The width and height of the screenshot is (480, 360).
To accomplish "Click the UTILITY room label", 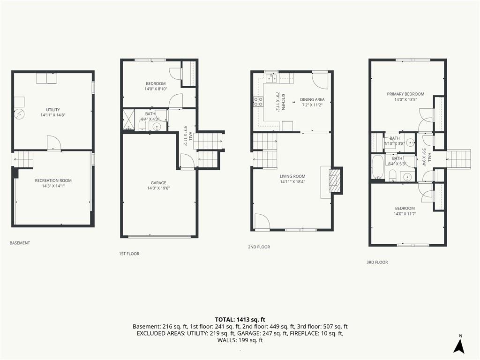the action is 53,110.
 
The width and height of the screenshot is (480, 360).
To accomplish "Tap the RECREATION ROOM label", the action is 53,180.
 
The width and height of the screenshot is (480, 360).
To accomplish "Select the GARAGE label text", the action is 158,183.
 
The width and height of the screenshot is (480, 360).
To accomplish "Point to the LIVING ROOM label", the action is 292,176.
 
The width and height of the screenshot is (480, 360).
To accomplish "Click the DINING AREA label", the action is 312,99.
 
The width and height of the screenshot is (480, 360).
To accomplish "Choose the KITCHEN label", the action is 284,102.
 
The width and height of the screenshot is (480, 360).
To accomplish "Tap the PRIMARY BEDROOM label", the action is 405,94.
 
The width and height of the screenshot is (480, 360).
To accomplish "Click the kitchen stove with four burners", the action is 258,102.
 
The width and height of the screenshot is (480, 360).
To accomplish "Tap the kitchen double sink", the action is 271,78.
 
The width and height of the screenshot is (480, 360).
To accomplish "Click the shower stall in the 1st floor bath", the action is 128,120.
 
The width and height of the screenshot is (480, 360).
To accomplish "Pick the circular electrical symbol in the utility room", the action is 19,114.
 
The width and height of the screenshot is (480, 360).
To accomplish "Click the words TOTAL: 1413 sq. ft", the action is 240,320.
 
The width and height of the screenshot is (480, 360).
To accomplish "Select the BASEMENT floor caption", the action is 20,243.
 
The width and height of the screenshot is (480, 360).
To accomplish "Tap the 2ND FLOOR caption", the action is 259,247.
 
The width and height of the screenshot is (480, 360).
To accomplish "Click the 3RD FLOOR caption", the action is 377,262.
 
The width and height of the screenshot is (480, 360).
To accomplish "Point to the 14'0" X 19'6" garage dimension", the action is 158,188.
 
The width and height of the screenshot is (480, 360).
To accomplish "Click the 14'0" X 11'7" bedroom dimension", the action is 405,214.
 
